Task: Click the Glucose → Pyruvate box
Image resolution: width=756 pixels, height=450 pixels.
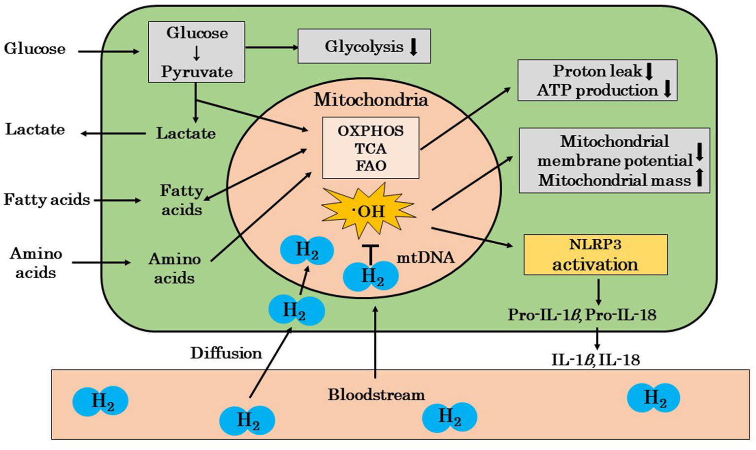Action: tap(197, 52)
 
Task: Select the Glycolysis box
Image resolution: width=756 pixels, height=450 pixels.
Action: tap(364, 46)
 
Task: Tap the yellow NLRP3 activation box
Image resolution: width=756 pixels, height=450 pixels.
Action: tap(595, 255)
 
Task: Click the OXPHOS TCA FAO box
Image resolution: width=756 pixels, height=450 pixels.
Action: tap(370, 148)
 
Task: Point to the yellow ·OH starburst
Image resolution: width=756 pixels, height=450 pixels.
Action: tap(368, 211)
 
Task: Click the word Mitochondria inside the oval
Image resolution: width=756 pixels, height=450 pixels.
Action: tap(371, 100)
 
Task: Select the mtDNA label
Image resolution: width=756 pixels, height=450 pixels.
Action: tap(426, 257)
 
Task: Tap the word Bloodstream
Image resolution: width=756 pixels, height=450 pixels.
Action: tap(376, 395)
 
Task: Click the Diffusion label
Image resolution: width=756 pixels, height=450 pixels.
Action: tap(226, 353)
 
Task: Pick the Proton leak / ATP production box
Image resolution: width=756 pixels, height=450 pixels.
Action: tap(597, 80)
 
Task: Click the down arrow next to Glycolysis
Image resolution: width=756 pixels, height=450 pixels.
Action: tap(414, 47)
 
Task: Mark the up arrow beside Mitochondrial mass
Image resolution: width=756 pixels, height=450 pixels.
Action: tap(699, 178)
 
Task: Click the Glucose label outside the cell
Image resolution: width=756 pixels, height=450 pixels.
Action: tap(34, 49)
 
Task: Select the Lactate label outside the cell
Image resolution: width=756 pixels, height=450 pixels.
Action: tap(35, 129)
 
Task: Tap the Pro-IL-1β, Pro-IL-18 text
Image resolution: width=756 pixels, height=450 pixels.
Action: tap(582, 315)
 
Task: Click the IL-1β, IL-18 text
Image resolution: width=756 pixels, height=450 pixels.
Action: tap(595, 360)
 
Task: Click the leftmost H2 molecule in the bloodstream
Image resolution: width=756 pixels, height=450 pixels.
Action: tap(100, 401)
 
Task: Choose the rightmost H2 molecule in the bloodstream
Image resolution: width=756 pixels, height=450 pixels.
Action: tap(654, 397)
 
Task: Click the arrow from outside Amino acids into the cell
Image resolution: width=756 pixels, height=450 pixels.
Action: tap(101, 262)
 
